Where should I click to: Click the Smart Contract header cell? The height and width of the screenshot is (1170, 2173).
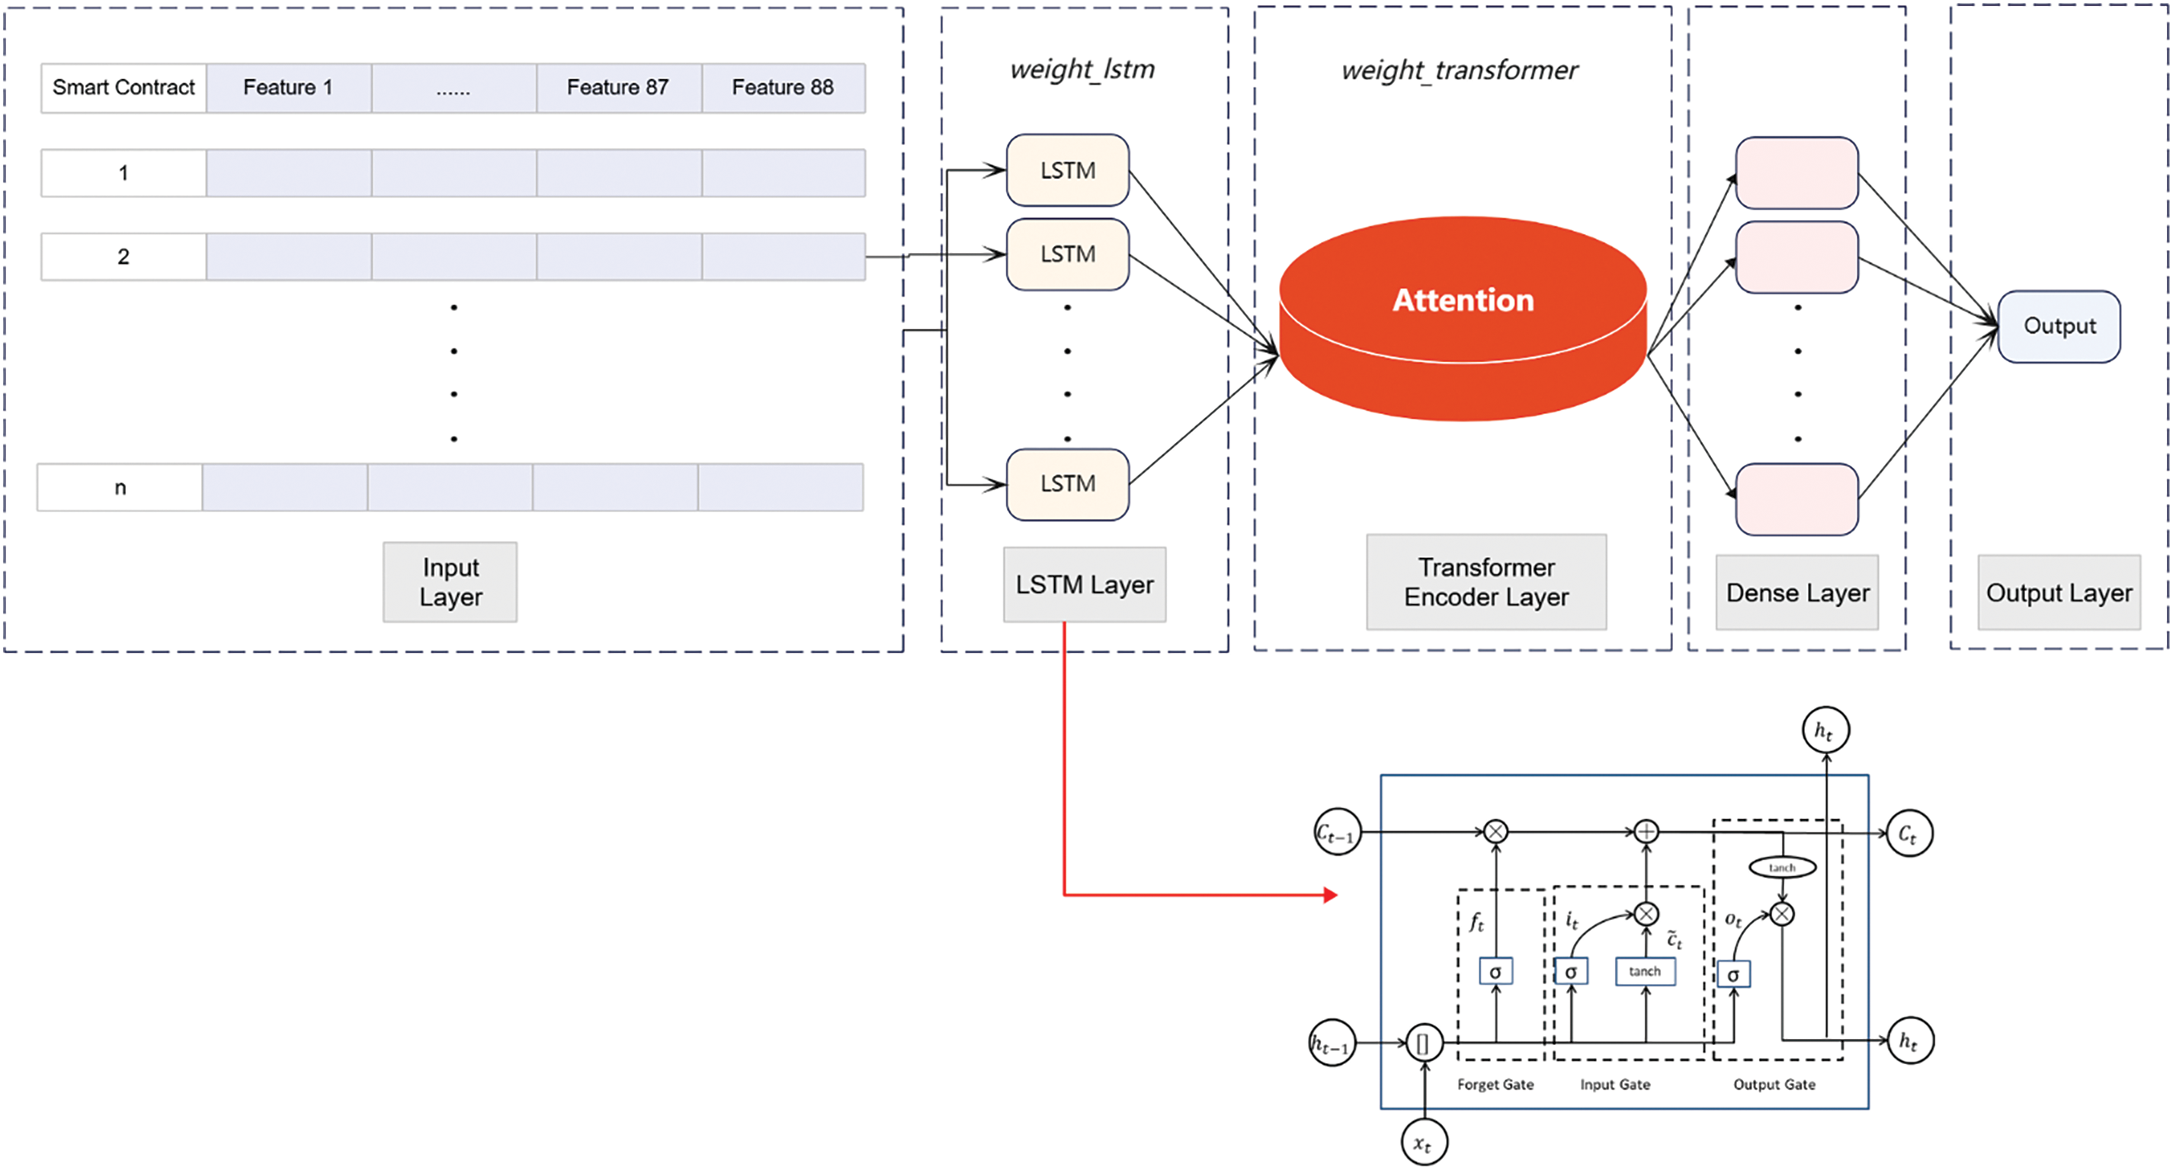click(x=123, y=88)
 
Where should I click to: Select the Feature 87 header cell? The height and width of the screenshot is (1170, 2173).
click(x=617, y=88)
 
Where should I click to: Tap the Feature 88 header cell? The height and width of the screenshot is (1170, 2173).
click(x=783, y=88)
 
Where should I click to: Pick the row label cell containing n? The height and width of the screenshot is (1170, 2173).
click(x=120, y=488)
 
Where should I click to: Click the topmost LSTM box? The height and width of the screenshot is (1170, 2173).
click(x=1067, y=171)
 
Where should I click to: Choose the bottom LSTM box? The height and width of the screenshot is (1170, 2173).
click(x=1067, y=484)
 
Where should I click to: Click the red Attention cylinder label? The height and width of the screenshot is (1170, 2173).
click(x=1463, y=300)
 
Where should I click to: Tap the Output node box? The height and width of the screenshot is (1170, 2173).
click(x=2059, y=326)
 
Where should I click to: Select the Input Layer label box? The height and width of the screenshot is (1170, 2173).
click(x=450, y=582)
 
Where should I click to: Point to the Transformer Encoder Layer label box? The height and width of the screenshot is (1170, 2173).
click(x=1486, y=582)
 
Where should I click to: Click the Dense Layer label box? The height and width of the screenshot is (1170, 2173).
click(x=1797, y=593)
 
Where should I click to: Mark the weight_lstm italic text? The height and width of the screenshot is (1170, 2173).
click(x=1082, y=69)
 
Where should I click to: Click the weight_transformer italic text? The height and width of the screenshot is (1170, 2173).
click(x=1460, y=70)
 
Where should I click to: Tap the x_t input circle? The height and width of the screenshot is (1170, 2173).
click(x=1424, y=1143)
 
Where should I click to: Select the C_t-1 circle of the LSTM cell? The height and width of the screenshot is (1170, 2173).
click(x=1337, y=832)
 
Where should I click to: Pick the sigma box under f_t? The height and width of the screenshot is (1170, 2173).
click(x=1495, y=972)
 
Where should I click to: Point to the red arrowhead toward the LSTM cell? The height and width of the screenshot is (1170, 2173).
click(x=1330, y=895)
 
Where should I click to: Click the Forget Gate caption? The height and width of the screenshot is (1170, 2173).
click(x=1495, y=1085)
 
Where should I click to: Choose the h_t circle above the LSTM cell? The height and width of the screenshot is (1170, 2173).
click(x=1825, y=730)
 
